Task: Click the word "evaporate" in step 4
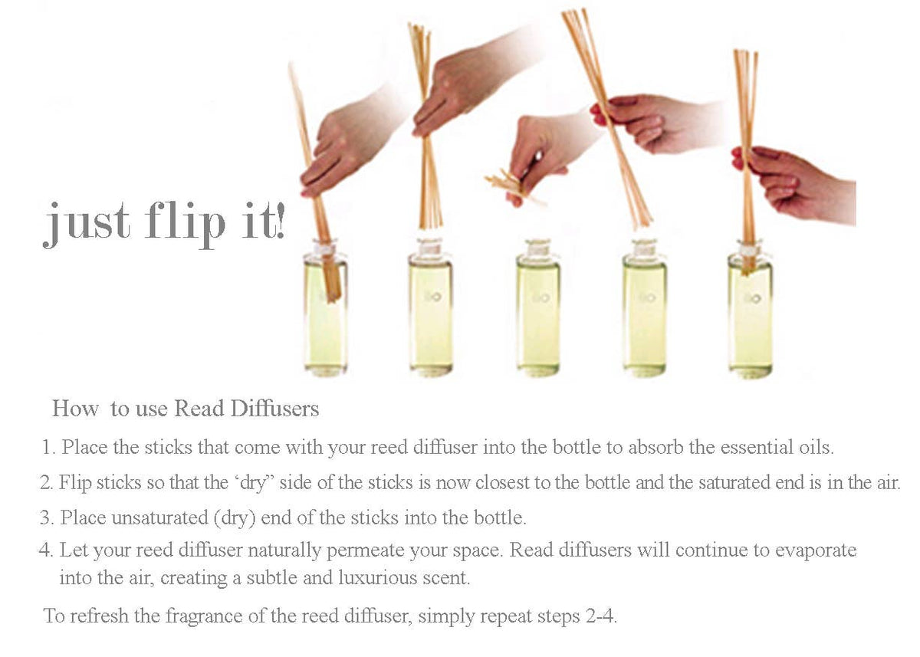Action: coord(815,550)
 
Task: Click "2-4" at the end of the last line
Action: coord(600,616)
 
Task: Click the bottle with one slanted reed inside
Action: coord(325,307)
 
